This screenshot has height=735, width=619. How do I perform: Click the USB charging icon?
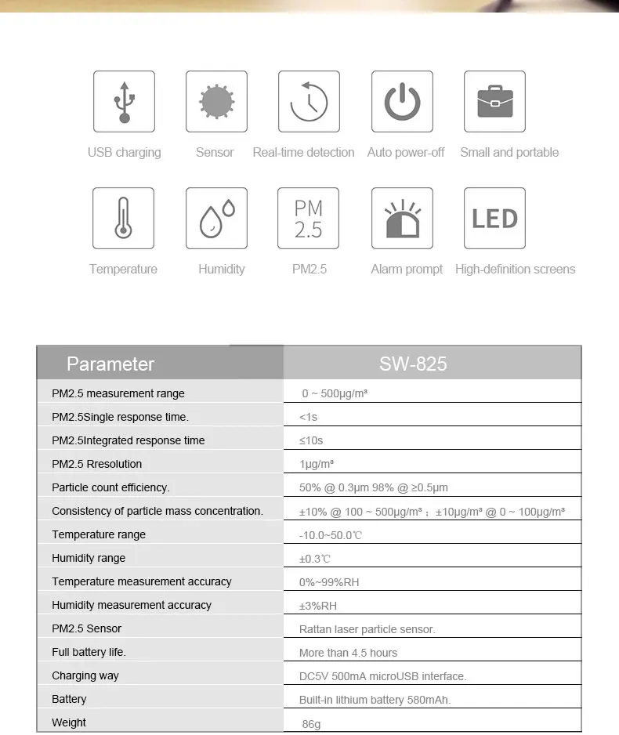pyautogui.click(x=124, y=102)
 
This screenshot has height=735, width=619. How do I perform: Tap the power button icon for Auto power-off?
pyautogui.click(x=402, y=102)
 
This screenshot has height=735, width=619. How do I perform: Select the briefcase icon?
pyautogui.click(x=494, y=102)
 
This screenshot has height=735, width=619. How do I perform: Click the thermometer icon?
pyautogui.click(x=123, y=218)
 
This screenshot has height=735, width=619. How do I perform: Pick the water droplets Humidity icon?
pyautogui.click(x=216, y=218)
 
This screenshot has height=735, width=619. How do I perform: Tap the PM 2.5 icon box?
pyautogui.click(x=309, y=218)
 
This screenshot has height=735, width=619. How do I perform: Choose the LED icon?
pyautogui.click(x=494, y=218)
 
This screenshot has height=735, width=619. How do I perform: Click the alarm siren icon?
pyautogui.click(x=402, y=218)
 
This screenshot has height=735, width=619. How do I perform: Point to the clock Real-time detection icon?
pyautogui.click(x=309, y=102)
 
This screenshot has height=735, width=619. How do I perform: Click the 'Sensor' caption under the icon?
pyautogui.click(x=215, y=152)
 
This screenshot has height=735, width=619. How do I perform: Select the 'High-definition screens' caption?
pyautogui.click(x=515, y=269)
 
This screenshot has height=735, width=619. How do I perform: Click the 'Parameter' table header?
pyautogui.click(x=110, y=364)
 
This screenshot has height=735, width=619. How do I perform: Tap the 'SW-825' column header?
pyautogui.click(x=413, y=364)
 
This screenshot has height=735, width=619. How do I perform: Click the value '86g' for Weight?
pyautogui.click(x=311, y=724)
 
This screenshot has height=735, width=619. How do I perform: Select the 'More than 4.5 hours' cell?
pyautogui.click(x=348, y=653)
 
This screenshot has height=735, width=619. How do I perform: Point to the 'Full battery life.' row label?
pyautogui.click(x=89, y=652)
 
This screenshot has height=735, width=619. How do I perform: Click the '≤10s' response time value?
pyautogui.click(x=311, y=440)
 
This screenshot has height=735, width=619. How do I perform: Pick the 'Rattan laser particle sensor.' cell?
pyautogui.click(x=367, y=629)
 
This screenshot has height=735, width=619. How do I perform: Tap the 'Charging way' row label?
pyautogui.click(x=85, y=675)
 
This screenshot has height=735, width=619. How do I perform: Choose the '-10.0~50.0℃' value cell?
pyautogui.click(x=331, y=535)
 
